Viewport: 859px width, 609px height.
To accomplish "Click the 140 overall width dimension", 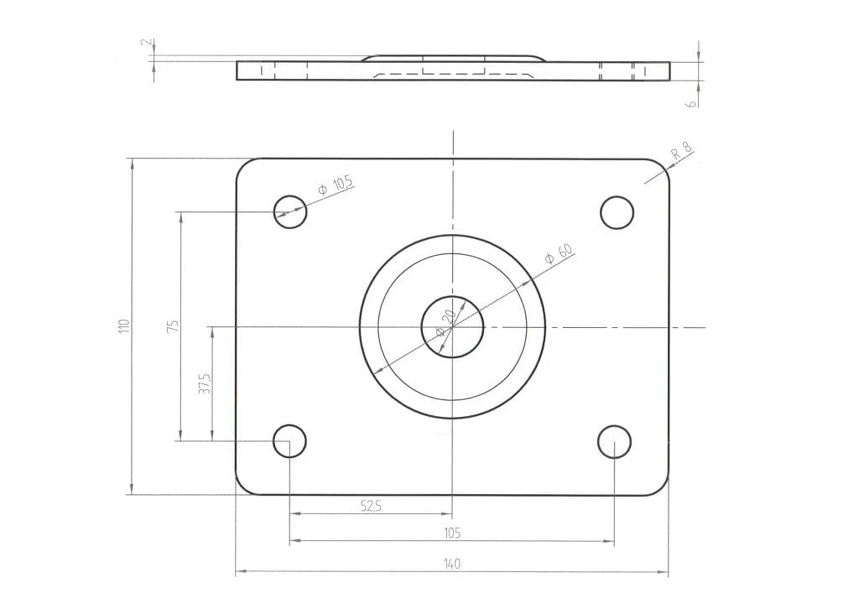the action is (x=452, y=564).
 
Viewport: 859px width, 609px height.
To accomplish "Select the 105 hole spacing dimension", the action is (x=452, y=533).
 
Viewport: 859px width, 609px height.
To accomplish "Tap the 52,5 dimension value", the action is (x=371, y=506).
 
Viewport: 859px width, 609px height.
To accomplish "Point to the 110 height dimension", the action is (x=125, y=326).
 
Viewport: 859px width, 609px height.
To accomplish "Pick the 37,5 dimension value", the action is (x=205, y=383).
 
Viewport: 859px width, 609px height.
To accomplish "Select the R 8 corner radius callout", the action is (x=682, y=151).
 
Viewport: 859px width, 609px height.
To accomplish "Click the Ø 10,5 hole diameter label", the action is (x=336, y=185).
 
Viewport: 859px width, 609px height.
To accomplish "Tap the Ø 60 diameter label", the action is (x=558, y=253).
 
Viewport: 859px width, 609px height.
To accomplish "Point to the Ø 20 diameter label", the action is (x=445, y=323).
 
